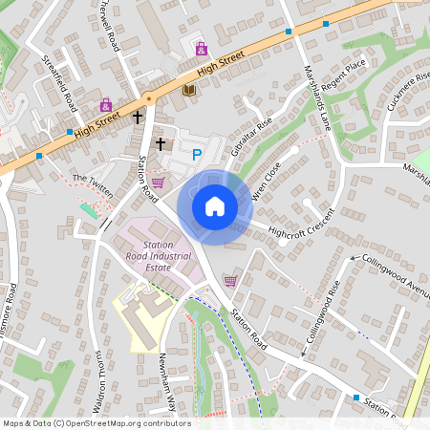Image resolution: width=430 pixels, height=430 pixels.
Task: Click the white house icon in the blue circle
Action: coord(215,205)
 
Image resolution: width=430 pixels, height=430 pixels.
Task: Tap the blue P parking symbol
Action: coord(198,154)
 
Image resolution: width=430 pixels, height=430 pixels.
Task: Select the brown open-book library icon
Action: coord(189,90)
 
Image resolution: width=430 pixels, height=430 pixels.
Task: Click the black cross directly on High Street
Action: coord(138,117)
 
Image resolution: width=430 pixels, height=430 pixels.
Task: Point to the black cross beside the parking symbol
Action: coord(161,143)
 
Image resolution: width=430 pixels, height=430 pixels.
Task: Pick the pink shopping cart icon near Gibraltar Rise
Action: coord(158,182)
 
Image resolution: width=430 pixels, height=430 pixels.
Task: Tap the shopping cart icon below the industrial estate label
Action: coord(230,280)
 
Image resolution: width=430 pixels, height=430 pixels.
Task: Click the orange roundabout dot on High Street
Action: coord(148,97)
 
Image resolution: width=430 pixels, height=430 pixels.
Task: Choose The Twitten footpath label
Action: coord(93,185)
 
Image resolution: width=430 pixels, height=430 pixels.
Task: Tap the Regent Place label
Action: coord(344,74)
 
